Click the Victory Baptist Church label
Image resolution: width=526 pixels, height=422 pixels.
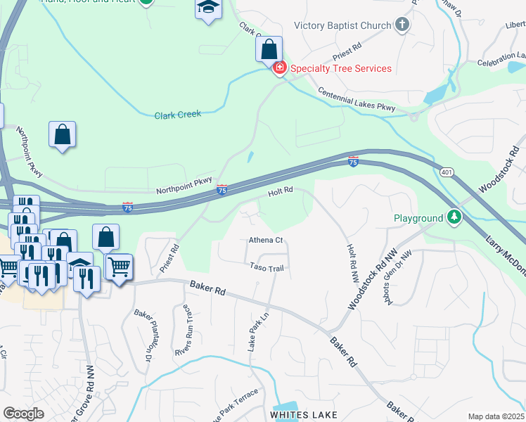point(342,26)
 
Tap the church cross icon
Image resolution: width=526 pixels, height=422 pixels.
point(402,26)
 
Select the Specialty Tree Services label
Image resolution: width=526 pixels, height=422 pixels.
point(340,68)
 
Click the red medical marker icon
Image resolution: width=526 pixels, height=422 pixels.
point(279,68)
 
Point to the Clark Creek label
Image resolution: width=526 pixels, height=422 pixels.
point(178,114)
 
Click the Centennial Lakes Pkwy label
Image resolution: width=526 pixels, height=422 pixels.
point(357,100)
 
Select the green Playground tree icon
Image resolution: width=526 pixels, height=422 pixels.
point(454,218)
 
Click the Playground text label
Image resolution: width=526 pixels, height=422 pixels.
point(418,219)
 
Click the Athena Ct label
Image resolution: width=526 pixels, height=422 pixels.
point(266,240)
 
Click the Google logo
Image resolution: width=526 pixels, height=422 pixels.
point(24,414)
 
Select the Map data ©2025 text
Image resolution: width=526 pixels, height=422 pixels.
point(496,416)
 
